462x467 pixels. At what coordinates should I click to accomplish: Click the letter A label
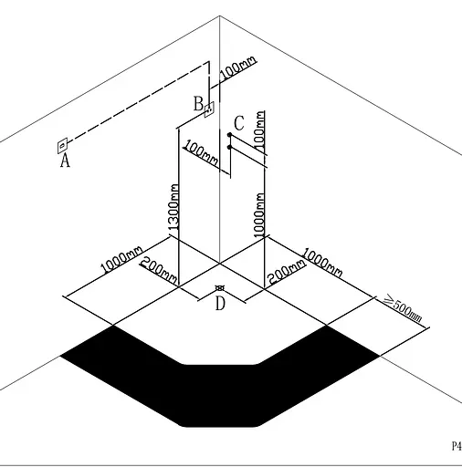coord(65,161)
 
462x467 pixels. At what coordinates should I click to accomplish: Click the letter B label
coord(198,104)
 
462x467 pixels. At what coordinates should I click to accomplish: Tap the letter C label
coord(239,123)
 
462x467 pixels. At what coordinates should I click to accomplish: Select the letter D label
coord(220,303)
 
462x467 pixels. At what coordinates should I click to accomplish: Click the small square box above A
coord(62,146)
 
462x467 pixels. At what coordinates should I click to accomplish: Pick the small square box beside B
coord(209,109)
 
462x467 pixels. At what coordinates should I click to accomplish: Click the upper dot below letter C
coord(230,135)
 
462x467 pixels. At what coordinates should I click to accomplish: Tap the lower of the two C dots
coord(230,148)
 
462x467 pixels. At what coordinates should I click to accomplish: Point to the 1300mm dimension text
coord(173,207)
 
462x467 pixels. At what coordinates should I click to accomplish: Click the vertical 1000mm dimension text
coord(259,215)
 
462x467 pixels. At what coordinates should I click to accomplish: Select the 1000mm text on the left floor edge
coord(121,259)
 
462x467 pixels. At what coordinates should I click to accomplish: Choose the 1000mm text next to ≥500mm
coord(322,263)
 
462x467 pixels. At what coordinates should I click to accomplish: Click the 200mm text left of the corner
coord(159,270)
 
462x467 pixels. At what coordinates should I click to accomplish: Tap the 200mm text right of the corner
coord(286,272)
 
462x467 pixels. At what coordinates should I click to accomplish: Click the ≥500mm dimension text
coord(404,308)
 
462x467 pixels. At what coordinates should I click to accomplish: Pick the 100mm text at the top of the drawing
coord(237,68)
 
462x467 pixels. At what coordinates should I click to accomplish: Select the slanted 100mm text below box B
coord(202,152)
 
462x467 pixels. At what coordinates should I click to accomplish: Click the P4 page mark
coord(457,446)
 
